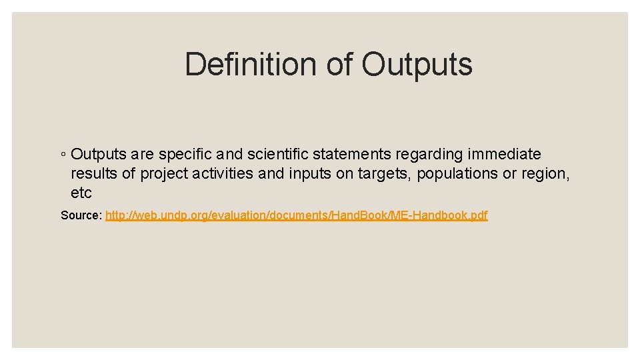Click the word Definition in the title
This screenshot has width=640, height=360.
point(251,65)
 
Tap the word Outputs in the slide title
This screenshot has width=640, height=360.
point(417,65)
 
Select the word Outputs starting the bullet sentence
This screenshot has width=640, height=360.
point(99,155)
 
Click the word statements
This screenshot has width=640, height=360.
point(352,155)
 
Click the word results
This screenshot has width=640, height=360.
point(93,174)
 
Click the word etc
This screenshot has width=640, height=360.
point(81,193)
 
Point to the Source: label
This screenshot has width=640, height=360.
point(81,216)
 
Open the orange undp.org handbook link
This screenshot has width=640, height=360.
point(296,216)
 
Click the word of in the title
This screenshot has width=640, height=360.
point(340,65)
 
